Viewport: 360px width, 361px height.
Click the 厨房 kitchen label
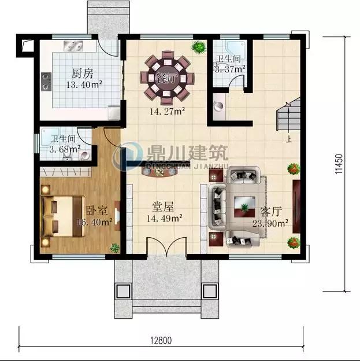pyautogui.click(x=83, y=73)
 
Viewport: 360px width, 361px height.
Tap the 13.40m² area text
pyautogui.click(x=84, y=84)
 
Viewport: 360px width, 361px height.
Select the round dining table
pyautogui.click(x=167, y=78)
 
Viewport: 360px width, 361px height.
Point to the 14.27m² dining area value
pyautogui.click(x=168, y=112)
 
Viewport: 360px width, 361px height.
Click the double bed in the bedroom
pyautogui.click(x=62, y=216)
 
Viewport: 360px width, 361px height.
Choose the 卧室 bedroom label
pyautogui.click(x=97, y=210)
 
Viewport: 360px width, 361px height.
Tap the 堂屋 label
pyautogui.click(x=163, y=207)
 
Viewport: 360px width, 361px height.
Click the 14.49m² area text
pyautogui.click(x=165, y=218)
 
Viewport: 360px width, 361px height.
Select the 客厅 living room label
pyautogui.click(x=271, y=212)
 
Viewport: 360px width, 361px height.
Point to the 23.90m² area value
pyautogui.click(x=270, y=223)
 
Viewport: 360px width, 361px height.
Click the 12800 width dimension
pyautogui.click(x=161, y=340)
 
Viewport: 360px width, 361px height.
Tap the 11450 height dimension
pyautogui.click(x=339, y=164)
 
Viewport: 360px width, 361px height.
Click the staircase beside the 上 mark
pyautogui.click(x=288, y=114)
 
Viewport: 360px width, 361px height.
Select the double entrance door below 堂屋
pyautogui.click(x=166, y=247)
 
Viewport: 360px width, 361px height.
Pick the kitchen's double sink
pyautogui.click(x=73, y=46)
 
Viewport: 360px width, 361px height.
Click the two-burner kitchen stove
pyautogui.click(x=46, y=82)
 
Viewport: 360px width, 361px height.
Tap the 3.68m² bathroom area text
pyautogui.click(x=65, y=149)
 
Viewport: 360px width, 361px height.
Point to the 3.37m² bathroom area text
pyautogui.click(x=230, y=69)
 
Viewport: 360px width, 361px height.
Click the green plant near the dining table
pyautogui.click(x=199, y=47)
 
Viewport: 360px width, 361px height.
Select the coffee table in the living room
pyautogui.click(x=244, y=207)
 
